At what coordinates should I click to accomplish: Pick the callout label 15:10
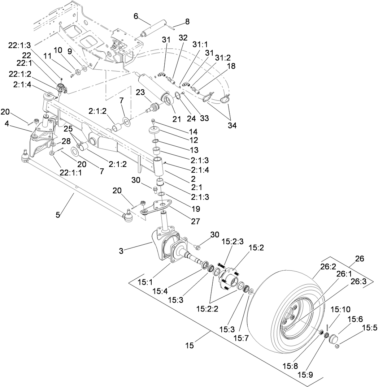(340, 310)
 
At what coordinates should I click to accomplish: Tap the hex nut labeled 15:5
(337, 347)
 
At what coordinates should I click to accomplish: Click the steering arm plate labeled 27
(157, 207)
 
